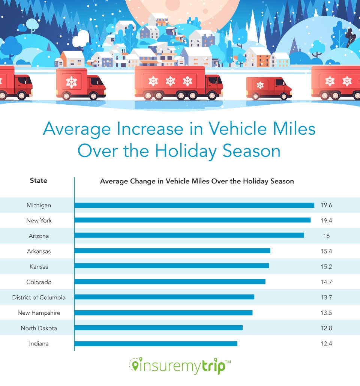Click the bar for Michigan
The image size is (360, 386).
pos(194,205)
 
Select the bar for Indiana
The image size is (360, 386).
pos(156,343)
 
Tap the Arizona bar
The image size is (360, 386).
pos(189,235)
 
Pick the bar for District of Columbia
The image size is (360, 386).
pos(164,297)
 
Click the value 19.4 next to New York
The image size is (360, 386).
pos(326,221)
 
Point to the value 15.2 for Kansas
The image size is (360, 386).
pos(326,267)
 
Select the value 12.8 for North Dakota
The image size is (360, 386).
pos(326,328)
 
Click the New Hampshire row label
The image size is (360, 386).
pos(39,313)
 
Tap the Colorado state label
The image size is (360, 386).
pos(39,282)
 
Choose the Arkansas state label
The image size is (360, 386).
pos(39,251)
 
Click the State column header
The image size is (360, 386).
pos(39,180)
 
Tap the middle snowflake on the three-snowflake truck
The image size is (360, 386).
pos(170,81)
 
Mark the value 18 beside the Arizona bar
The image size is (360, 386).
pos(326,236)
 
